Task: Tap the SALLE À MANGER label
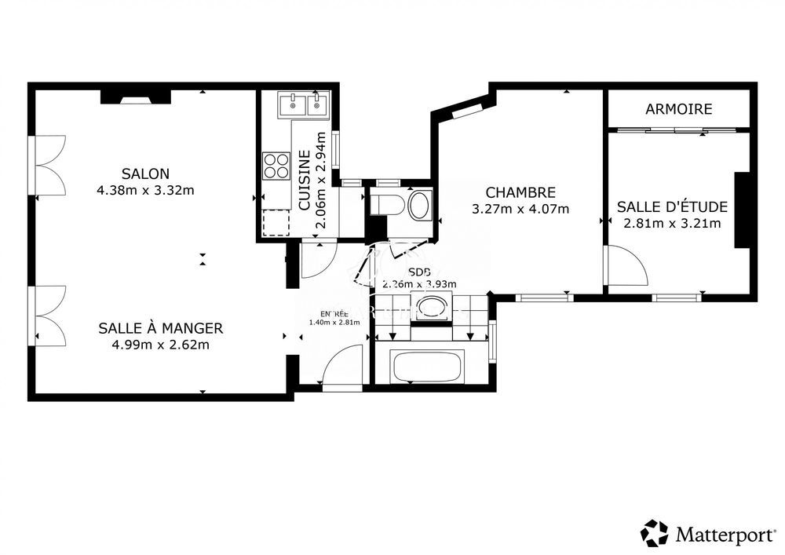tap(161, 328)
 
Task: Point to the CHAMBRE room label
tap(520, 192)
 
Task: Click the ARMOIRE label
tap(679, 109)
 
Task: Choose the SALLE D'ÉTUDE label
tap(672, 207)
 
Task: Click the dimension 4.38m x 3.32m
tap(145, 190)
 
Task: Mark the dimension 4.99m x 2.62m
tap(161, 344)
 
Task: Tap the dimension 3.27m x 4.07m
tap(520, 209)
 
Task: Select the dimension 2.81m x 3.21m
tap(672, 223)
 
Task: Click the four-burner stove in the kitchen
tap(276, 166)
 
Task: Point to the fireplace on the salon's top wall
tap(135, 97)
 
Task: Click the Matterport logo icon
tap(654, 533)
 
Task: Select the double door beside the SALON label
tap(49, 166)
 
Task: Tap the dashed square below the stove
tap(276, 223)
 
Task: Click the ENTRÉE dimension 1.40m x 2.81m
tap(334, 322)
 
